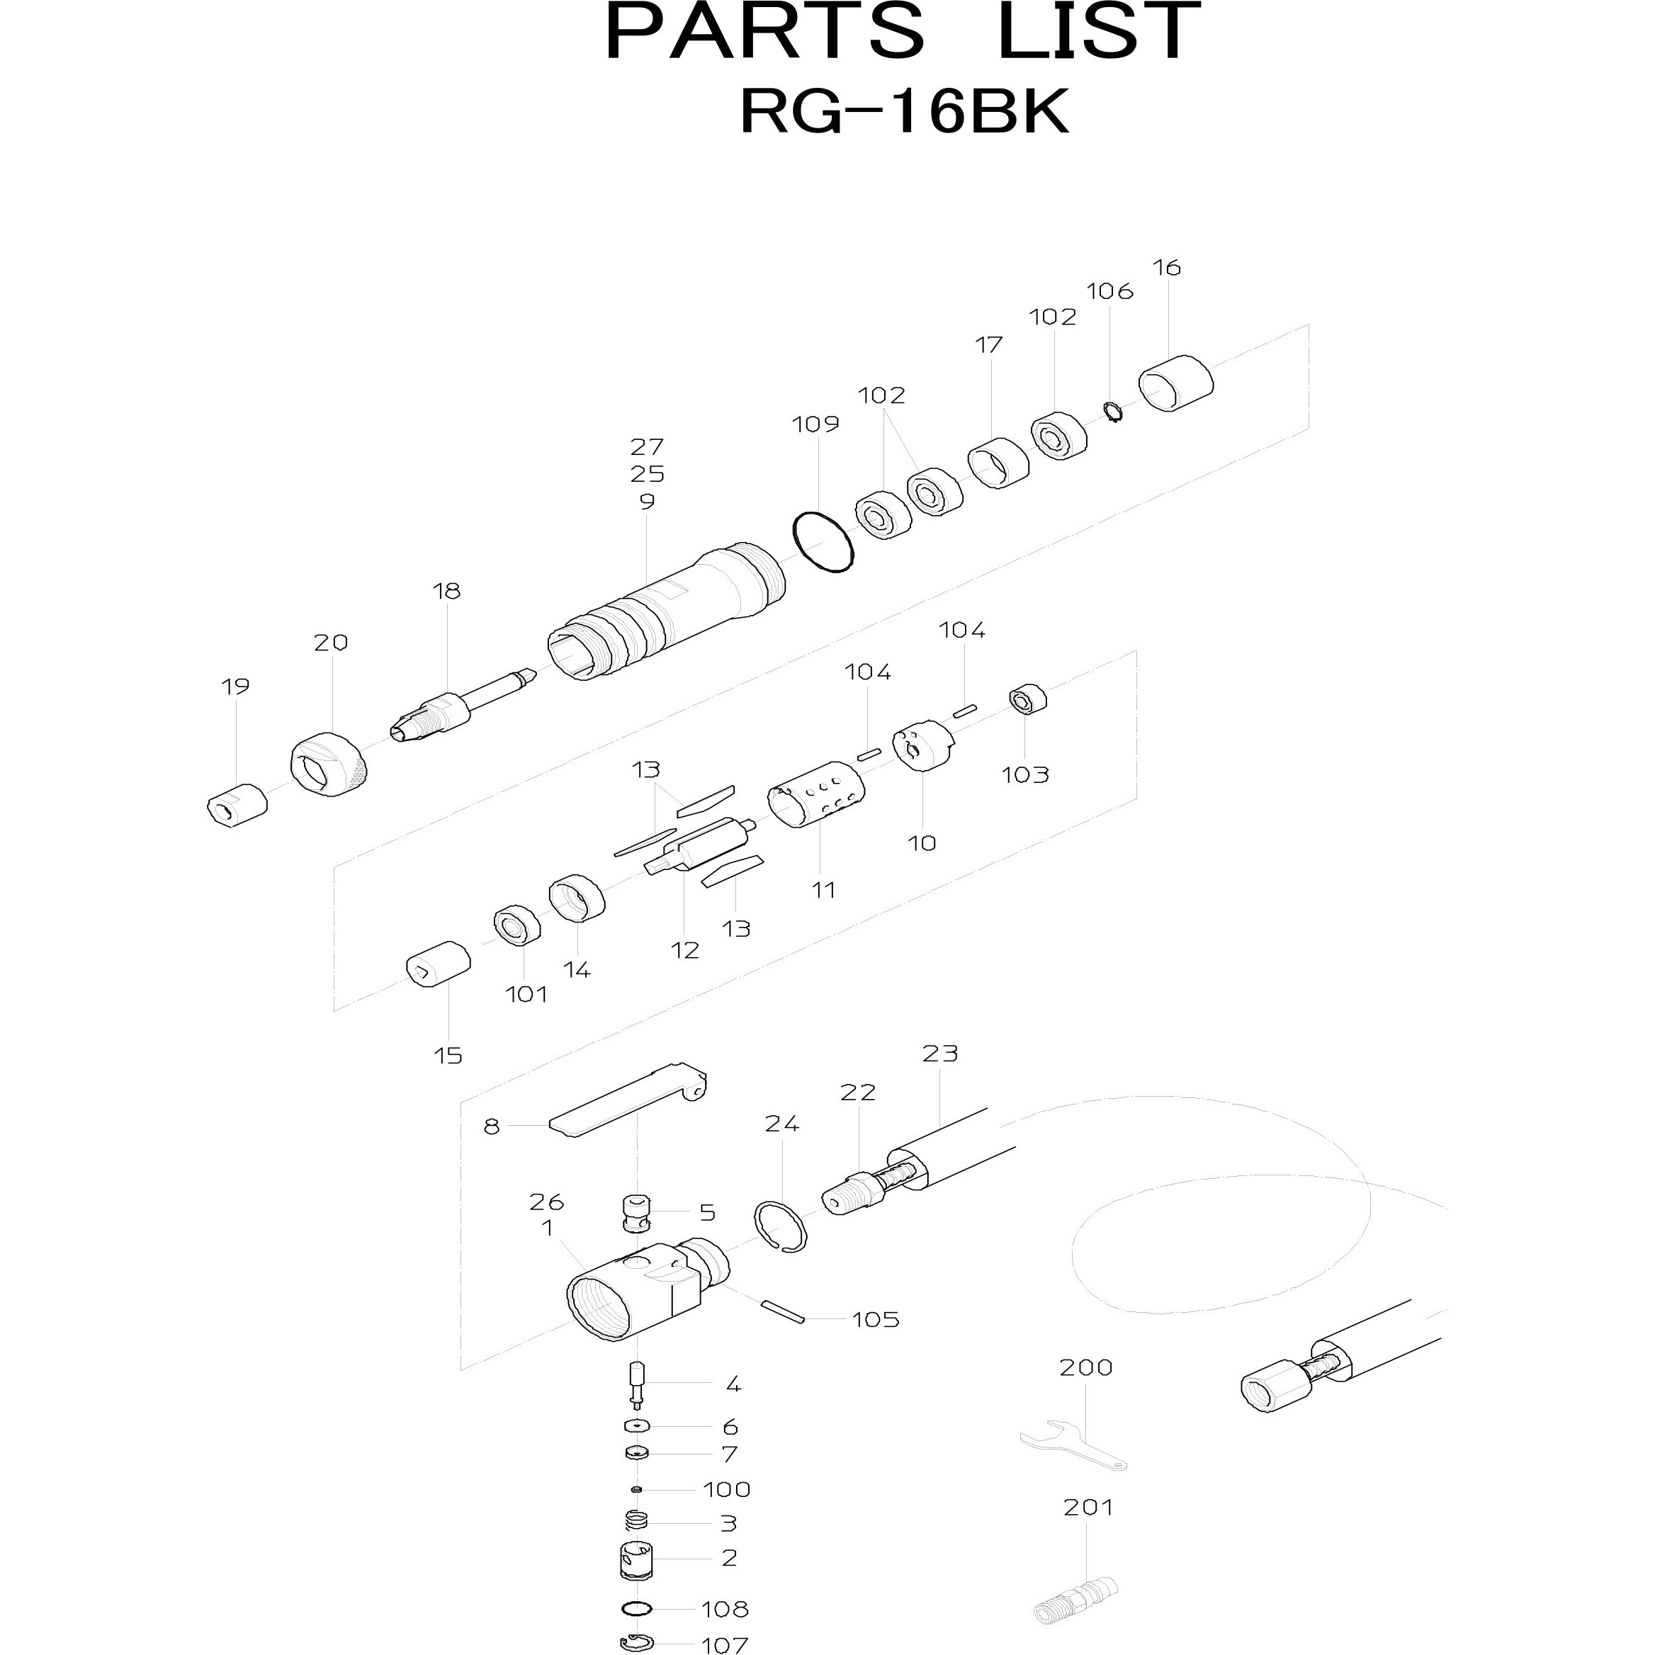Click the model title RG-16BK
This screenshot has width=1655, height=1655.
click(905, 112)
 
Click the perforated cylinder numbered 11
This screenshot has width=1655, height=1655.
click(815, 793)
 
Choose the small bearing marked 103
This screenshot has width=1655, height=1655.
click(1028, 699)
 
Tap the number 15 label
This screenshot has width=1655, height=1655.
click(448, 1056)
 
